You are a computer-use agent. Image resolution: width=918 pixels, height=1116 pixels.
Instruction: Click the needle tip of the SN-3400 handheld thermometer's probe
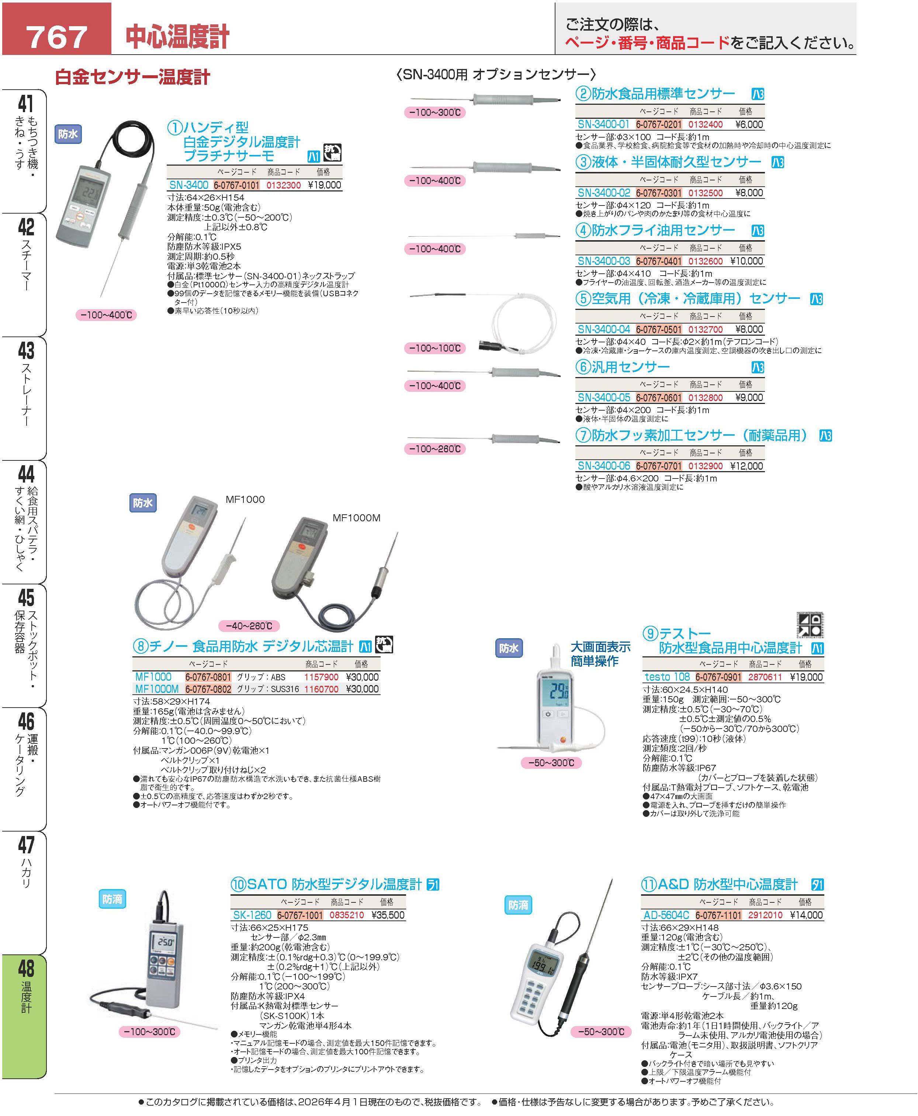[x=107, y=300]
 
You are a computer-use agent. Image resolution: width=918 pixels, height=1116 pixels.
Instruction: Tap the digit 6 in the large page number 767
[x=56, y=37]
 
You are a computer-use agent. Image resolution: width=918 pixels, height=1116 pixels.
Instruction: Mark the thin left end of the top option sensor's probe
[x=410, y=99]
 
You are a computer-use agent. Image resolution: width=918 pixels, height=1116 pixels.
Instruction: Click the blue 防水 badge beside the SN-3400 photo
[x=68, y=134]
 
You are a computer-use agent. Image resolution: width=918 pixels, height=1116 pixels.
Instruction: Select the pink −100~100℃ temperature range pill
[x=435, y=348]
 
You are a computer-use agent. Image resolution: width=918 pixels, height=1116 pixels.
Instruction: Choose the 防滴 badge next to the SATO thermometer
[x=112, y=899]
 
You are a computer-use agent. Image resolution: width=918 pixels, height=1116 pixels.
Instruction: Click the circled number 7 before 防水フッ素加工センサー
[x=583, y=435]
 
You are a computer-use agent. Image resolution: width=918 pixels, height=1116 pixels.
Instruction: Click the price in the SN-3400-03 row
[x=746, y=261]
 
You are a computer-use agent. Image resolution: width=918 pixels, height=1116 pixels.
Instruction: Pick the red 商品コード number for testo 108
[x=765, y=677]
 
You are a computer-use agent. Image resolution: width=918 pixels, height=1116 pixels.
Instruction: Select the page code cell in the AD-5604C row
[x=718, y=915]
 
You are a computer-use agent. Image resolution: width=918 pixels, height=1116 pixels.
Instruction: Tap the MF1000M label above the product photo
[x=356, y=518]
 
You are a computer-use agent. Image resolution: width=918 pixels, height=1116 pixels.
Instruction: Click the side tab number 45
[x=26, y=598]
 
